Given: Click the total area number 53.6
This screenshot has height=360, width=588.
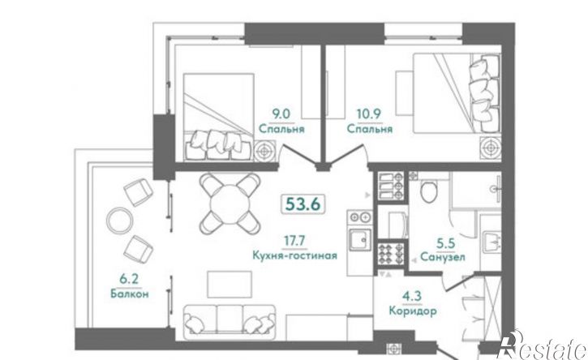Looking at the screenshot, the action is tap(303, 204).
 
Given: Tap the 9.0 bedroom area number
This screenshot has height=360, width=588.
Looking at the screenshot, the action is tap(281, 114).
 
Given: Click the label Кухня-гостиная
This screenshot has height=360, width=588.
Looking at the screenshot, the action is tap(294, 255).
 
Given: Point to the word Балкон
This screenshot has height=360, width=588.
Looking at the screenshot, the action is tap(130, 294).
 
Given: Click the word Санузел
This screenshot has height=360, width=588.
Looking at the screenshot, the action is tap(443, 257).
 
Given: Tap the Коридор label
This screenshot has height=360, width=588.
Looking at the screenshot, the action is tap(413, 311).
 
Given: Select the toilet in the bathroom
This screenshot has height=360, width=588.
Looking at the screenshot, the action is tap(428, 191).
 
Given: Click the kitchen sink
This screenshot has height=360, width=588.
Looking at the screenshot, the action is tap(360, 239).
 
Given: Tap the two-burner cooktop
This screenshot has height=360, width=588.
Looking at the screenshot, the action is tap(360, 216).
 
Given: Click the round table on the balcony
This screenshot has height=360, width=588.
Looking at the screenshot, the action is tap(119, 220).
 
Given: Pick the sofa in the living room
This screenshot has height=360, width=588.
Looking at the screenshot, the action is tap(230, 319).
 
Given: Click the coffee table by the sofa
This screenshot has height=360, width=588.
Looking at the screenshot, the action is tap(230, 285).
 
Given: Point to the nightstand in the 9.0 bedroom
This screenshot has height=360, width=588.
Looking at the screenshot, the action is tap(264, 151).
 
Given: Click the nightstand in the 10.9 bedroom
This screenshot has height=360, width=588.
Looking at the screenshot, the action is tap(491, 148).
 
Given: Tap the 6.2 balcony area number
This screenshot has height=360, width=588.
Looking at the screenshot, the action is tap(129, 280).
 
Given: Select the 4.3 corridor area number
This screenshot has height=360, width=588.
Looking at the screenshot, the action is tap(412, 296).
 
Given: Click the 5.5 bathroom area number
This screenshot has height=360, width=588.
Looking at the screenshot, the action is tap(446, 243).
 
